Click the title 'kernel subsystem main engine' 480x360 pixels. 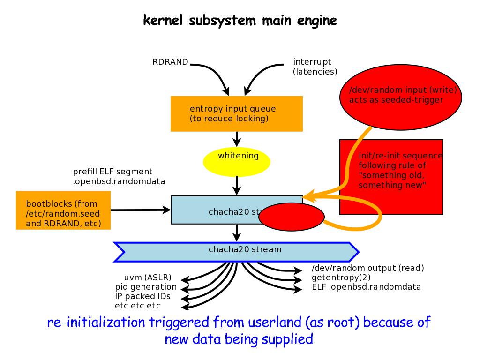click(240, 21)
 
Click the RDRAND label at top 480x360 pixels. click(170, 61)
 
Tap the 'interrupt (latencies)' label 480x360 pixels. click(315, 67)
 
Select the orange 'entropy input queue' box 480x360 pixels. click(236, 114)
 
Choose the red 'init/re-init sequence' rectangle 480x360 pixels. click(391, 177)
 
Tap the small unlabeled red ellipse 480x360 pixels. click(292, 217)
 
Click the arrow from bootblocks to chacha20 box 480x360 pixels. click(141, 210)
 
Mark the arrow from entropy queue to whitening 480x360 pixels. click(237, 139)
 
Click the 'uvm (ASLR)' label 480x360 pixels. click(148, 277)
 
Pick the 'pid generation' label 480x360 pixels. click(146, 287)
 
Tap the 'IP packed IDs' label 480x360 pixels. click(142, 296)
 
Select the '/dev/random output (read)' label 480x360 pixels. click(367, 268)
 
